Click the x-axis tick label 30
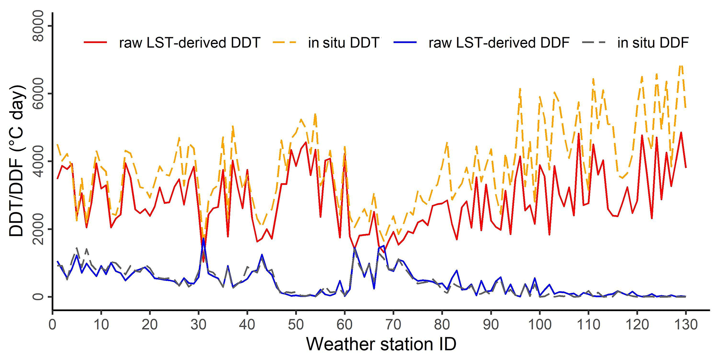[199, 324]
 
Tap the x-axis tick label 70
[393, 324]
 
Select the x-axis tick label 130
[685, 324]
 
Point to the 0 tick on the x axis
[52, 324]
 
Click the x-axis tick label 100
[539, 324]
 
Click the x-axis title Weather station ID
[381, 344]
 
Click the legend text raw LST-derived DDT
[190, 43]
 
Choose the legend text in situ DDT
[343, 43]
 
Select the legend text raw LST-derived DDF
[499, 43]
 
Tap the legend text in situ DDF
[653, 43]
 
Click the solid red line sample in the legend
[96, 42]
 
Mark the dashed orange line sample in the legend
[285, 42]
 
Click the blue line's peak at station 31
[204, 238]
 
